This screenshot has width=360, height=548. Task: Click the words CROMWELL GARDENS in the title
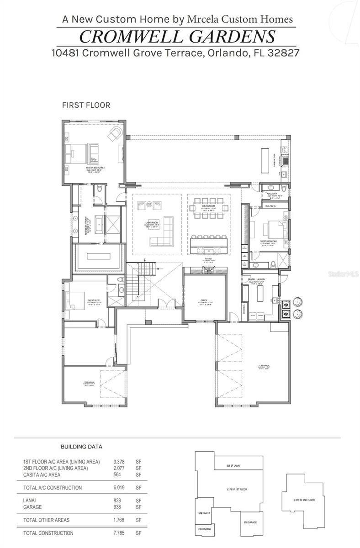pos(177,36)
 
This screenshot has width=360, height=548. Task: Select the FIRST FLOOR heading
pos(86,105)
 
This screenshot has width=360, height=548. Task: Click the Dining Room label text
pos(208,207)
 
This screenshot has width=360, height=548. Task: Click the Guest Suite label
pos(94,303)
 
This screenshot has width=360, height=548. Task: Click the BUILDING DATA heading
pos(81,447)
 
